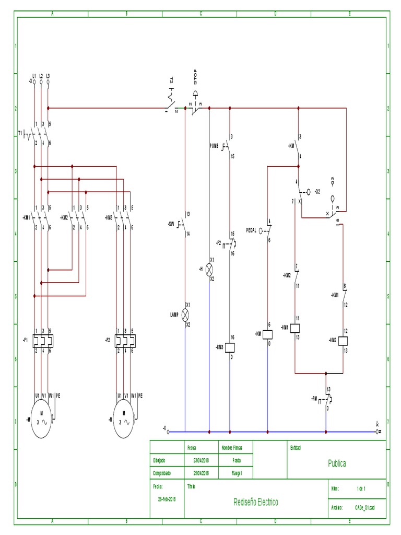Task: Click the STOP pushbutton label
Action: tap(196, 78)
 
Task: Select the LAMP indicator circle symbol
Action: tap(185, 314)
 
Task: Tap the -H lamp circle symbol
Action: tap(209, 269)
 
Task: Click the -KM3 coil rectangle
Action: tap(230, 347)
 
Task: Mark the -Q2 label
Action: tap(316, 192)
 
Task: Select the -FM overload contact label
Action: tap(314, 399)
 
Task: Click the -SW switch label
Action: tap(171, 224)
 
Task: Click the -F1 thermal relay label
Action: tap(25, 340)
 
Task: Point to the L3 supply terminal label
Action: tap(48, 76)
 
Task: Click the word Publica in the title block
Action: tap(337, 463)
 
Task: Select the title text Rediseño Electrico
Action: tap(256, 502)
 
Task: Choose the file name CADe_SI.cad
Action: tap(364, 507)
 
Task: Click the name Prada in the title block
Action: tap(237, 461)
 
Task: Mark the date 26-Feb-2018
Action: tap(167, 499)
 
